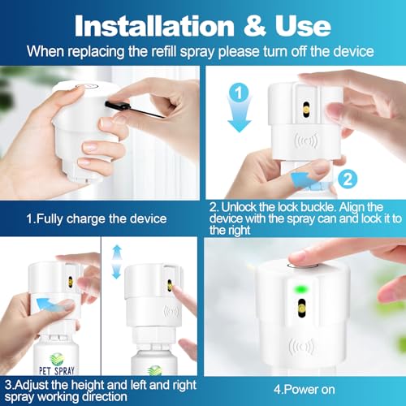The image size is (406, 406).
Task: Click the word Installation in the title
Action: point(154,26)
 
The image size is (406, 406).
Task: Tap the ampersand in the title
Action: point(254,26)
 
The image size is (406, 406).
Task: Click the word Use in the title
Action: point(303,26)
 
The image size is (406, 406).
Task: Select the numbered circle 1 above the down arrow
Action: point(239,93)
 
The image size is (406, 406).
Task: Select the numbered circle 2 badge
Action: point(348,179)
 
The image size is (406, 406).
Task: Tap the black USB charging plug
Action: point(116,106)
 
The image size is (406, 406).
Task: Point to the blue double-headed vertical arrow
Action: point(116,261)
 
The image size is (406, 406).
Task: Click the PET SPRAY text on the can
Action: point(57,370)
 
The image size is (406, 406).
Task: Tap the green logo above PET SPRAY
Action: point(57,359)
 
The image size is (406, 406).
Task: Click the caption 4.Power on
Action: point(304,390)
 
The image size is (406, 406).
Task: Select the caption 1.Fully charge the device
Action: point(97,218)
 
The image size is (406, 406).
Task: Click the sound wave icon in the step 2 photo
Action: point(306,140)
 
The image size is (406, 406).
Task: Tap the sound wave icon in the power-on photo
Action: point(301,347)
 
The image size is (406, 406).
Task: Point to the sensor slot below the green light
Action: point(301,308)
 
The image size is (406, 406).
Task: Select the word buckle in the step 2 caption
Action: point(318,207)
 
